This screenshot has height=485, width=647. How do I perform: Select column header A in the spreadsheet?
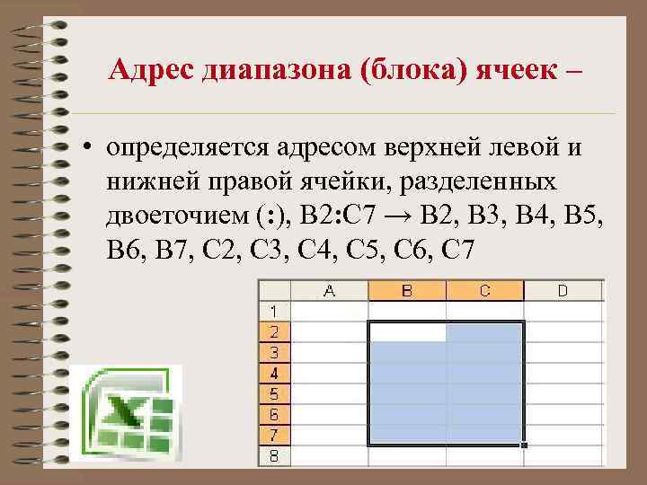(330, 290)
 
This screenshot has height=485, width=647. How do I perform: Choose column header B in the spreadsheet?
(407, 290)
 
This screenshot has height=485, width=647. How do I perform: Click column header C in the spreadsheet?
(484, 290)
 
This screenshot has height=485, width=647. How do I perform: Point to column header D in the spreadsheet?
(563, 290)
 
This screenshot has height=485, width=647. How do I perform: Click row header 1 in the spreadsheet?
(274, 311)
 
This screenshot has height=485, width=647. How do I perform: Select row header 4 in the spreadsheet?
(274, 373)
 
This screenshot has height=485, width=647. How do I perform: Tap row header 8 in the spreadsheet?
(274, 455)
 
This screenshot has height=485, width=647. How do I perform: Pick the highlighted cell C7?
(484, 435)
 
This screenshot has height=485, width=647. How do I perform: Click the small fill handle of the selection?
(524, 445)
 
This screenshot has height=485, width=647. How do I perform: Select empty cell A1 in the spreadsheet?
(330, 311)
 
